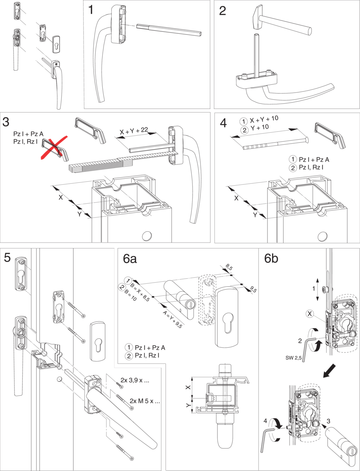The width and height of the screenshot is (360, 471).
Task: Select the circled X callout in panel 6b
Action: (310, 314)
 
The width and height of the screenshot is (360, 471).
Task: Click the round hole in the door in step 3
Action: (147, 236)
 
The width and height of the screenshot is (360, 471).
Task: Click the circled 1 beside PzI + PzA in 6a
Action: (129, 347)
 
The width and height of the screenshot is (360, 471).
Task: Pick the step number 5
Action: (7, 258)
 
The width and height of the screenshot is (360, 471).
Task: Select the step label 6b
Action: (271, 259)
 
